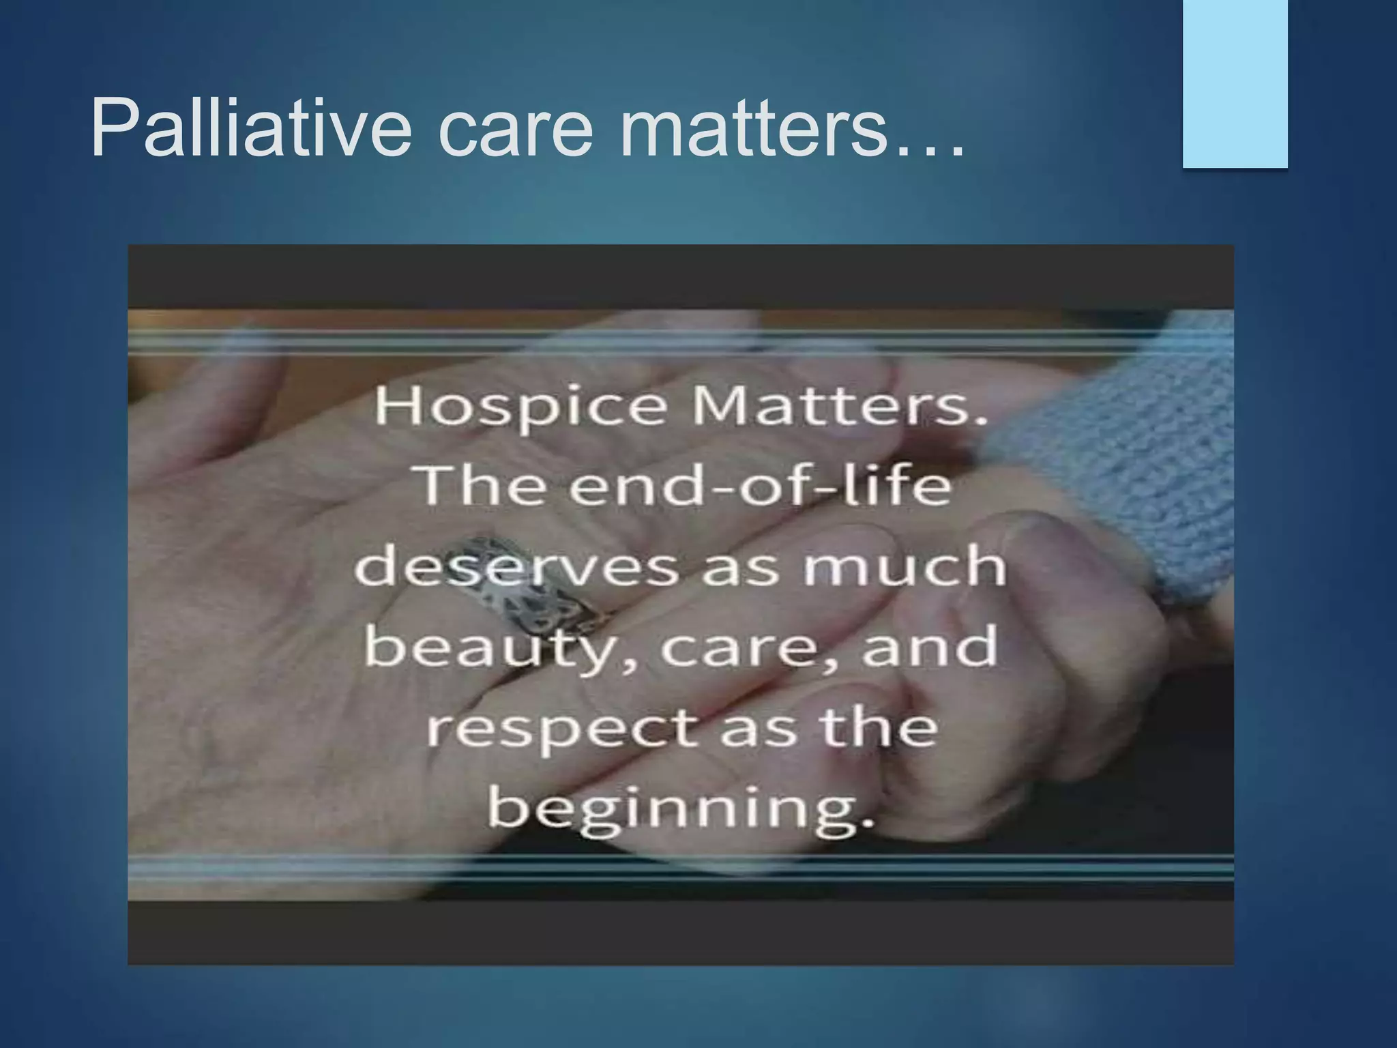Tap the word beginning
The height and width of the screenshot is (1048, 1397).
pos(680,810)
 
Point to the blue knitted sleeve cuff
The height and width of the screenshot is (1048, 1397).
pos(1126,450)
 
